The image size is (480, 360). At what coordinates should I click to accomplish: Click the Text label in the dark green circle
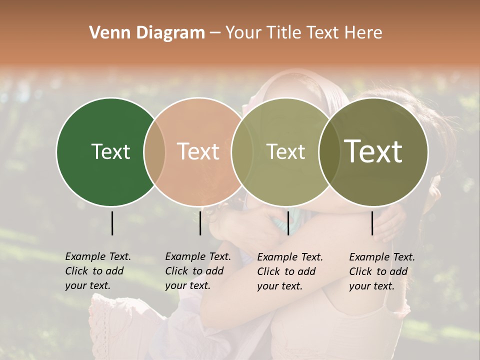pos(110,152)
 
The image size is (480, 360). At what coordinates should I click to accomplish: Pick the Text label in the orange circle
pos(198,151)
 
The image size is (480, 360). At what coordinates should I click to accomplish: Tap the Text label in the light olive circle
pos(285,152)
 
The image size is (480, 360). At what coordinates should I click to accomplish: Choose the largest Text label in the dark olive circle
pos(373,151)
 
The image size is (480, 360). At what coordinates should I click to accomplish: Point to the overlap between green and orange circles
pos(154,152)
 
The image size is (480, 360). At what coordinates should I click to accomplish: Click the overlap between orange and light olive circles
pos(242,152)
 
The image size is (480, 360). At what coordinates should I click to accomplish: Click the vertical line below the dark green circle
pos(112,223)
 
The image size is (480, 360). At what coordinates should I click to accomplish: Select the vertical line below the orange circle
pos(200,223)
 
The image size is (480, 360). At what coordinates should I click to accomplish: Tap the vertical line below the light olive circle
pos(288,223)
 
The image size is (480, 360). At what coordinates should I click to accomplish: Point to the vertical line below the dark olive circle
pos(372,223)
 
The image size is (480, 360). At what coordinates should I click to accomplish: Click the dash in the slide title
pos(215,33)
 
